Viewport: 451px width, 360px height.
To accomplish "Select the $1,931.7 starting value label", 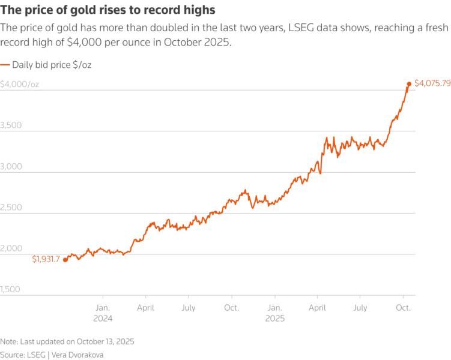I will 46,259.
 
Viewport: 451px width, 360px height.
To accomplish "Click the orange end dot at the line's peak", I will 409,84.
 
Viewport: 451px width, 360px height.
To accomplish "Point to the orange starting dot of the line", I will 65,260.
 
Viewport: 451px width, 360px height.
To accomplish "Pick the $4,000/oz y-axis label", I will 20,85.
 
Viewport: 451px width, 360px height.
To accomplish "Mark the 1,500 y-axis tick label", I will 11,289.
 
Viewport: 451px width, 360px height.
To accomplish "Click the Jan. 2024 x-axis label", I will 103,313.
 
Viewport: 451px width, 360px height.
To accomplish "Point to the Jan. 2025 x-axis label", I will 274,313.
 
